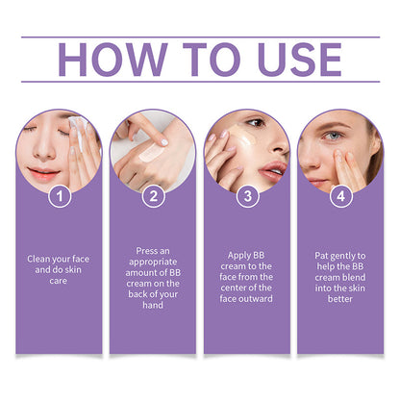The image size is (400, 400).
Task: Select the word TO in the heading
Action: pos(212,60)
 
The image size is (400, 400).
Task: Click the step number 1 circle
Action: pos(60,196)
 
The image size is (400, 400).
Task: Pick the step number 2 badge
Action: pos(154,196)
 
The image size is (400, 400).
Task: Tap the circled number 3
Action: pos(247,196)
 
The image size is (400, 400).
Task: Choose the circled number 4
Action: pos(341,196)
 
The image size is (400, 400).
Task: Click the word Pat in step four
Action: pos(321,256)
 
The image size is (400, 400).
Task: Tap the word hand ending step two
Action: pos(153,305)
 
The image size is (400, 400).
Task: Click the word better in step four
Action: pos(340,299)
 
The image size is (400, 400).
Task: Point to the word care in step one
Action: pos(59,281)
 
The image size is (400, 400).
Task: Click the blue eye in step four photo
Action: pos(334,136)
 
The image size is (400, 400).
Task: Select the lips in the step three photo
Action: pos(273,171)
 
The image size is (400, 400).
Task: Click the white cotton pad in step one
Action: pos(78,123)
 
